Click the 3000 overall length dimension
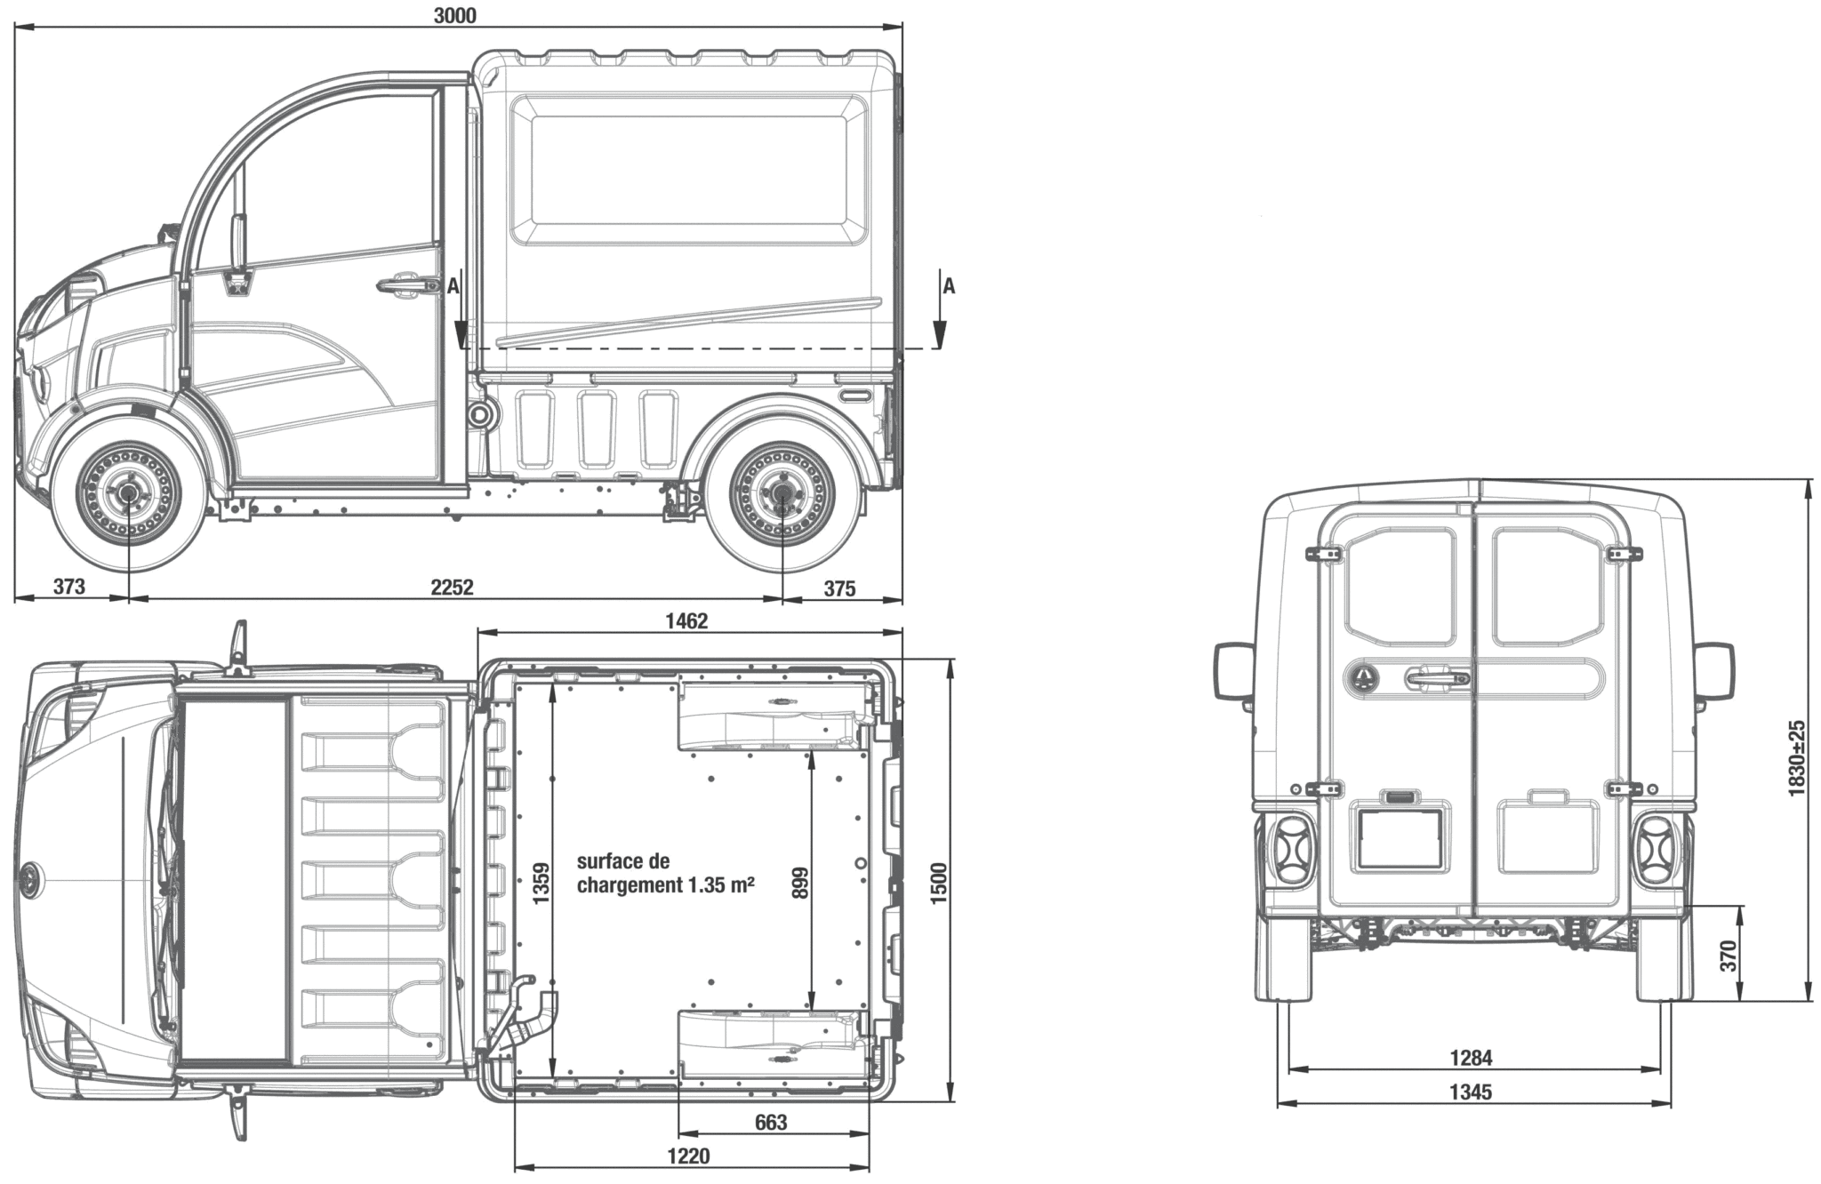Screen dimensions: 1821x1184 (x=456, y=15)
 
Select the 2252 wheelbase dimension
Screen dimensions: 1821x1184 (x=452, y=587)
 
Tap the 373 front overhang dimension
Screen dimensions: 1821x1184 (x=68, y=587)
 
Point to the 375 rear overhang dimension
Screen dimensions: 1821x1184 (x=839, y=588)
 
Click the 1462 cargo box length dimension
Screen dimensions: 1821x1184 (x=686, y=620)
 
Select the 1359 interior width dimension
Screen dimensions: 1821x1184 (x=541, y=884)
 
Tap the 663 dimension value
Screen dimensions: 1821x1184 (x=771, y=1123)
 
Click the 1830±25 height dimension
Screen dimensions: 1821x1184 (x=1796, y=757)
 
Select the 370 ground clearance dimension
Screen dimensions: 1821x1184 (x=1728, y=956)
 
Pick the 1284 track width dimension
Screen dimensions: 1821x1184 (x=1471, y=1058)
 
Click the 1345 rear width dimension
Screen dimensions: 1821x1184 (x=1471, y=1092)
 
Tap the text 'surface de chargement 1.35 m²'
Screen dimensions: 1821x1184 (x=666, y=873)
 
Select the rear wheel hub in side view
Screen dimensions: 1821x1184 (x=782, y=494)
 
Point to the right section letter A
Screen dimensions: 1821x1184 (x=949, y=286)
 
